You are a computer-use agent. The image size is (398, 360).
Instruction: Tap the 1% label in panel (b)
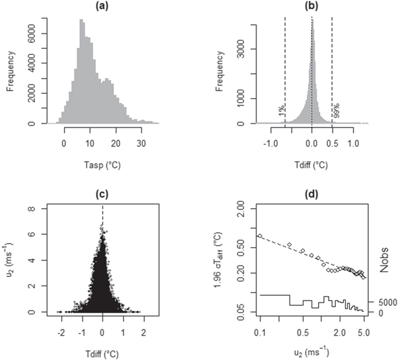tap(280, 112)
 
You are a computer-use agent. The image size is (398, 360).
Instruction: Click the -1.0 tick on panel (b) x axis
tap(269, 142)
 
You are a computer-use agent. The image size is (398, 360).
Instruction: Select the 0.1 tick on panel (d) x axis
tap(260, 329)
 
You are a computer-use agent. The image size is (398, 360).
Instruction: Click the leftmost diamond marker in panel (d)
tap(260, 235)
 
